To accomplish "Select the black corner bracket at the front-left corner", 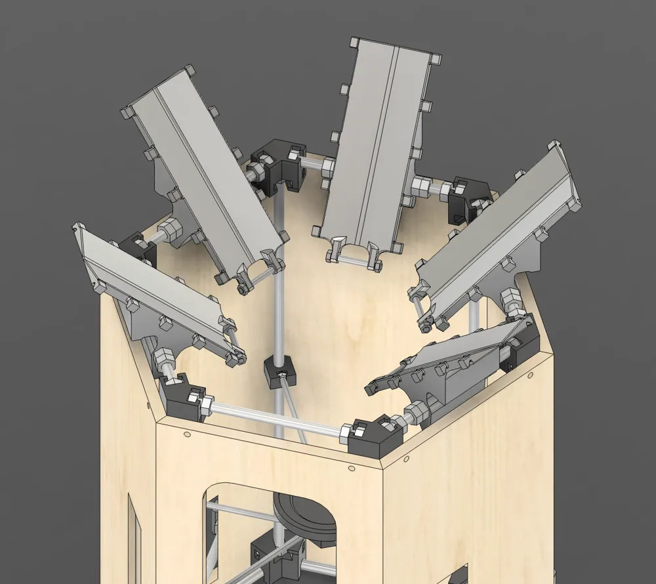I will (182, 398).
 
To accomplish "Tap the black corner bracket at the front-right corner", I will (375, 436).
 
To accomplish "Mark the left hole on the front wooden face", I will (188, 435).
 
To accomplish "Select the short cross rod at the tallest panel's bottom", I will (355, 260).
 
